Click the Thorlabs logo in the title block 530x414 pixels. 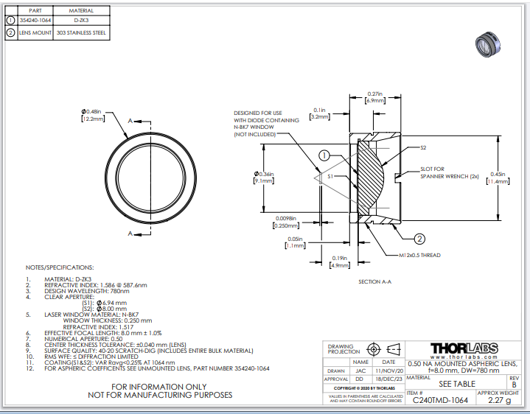click(463, 348)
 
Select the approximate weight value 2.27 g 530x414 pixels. click(498, 400)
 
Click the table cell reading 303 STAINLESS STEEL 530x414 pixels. click(80, 33)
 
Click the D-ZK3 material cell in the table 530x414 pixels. click(80, 22)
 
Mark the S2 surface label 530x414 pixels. click(423, 148)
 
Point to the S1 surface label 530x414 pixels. click(330, 177)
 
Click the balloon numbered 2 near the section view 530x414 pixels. click(419, 239)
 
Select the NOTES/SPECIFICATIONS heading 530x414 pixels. click(60, 267)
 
